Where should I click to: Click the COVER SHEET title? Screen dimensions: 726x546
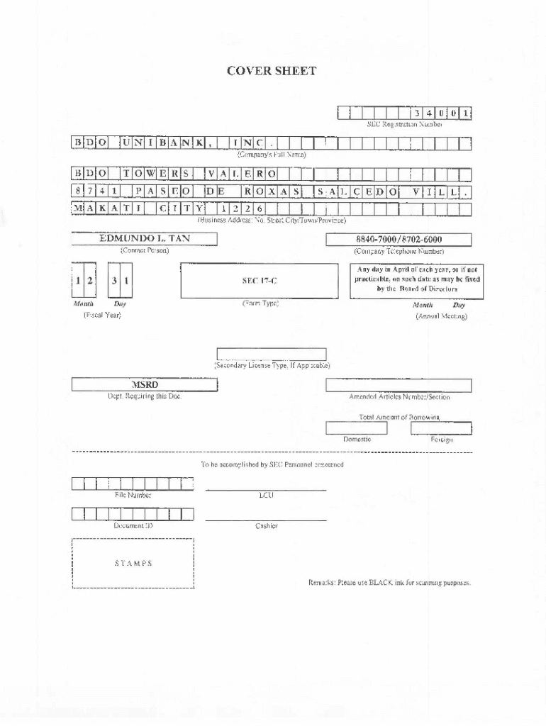pyautogui.click(x=272, y=71)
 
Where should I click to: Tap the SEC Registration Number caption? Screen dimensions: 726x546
pyautogui.click(x=404, y=124)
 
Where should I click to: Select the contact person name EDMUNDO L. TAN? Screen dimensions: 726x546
pyautogui.click(x=145, y=239)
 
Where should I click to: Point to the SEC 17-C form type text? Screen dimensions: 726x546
pyautogui.click(x=260, y=281)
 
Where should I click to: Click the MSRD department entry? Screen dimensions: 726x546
pyautogui.click(x=145, y=385)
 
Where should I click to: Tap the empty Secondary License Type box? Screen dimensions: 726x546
pyautogui.click(x=272, y=354)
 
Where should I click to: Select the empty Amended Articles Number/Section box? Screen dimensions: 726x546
pyautogui.click(x=399, y=385)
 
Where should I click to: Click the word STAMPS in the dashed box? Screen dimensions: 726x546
pyautogui.click(x=133, y=564)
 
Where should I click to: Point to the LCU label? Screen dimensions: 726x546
pyautogui.click(x=266, y=495)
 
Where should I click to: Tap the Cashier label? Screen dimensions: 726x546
pyautogui.click(x=267, y=526)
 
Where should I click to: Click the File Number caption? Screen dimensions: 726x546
pyautogui.click(x=133, y=495)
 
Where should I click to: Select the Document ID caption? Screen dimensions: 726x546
pyautogui.click(x=133, y=526)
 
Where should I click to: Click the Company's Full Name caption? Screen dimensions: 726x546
pyautogui.click(x=272, y=154)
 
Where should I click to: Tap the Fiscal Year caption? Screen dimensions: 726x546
pyautogui.click(x=102, y=315)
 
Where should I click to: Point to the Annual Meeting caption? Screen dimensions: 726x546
pyautogui.click(x=441, y=316)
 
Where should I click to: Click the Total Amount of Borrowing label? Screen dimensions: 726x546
pyautogui.click(x=399, y=417)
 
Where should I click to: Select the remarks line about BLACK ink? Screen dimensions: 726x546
pyautogui.click(x=389, y=582)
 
